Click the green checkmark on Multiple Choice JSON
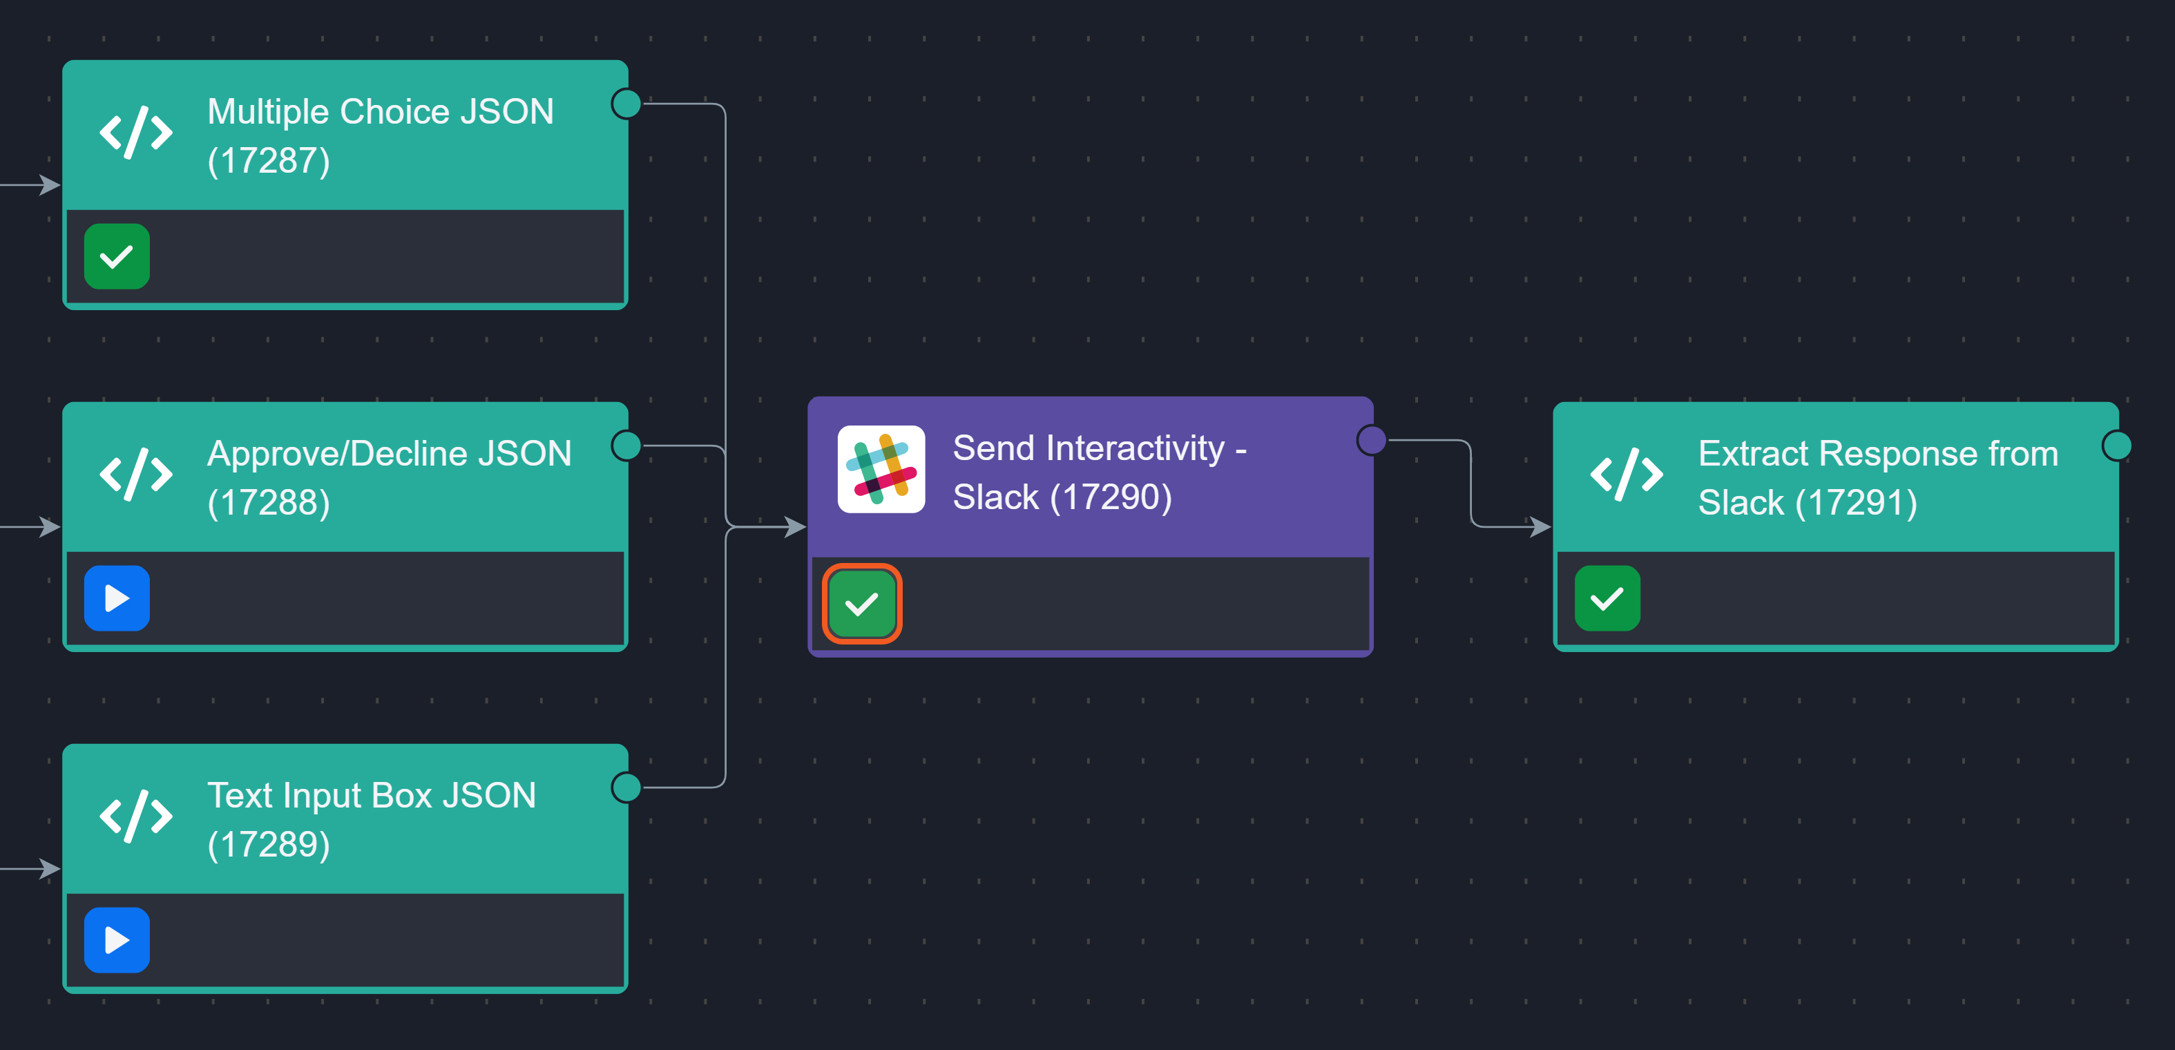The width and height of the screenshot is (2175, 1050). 117,256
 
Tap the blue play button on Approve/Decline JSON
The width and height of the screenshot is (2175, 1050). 117,598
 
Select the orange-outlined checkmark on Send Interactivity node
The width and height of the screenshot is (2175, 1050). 861,603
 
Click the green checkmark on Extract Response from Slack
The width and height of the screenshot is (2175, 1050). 1607,598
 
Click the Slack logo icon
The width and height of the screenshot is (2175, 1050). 881,469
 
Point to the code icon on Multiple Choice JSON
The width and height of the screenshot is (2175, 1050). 136,133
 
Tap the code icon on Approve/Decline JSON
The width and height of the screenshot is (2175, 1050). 136,475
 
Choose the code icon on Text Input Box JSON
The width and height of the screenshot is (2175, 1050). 136,816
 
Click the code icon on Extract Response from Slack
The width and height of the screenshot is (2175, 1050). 1626,475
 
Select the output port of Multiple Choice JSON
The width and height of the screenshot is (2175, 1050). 626,104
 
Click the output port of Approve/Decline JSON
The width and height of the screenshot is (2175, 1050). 626,445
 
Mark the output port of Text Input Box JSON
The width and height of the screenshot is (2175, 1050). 626,787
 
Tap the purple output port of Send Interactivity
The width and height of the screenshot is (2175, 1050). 1372,439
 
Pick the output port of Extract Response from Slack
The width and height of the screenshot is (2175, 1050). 2117,445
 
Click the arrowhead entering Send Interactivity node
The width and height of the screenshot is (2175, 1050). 794,527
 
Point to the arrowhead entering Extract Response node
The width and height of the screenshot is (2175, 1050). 1540,527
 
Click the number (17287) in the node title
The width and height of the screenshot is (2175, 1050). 269,160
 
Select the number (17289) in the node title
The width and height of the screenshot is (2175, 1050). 269,844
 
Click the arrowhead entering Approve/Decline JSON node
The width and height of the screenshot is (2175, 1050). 50,527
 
